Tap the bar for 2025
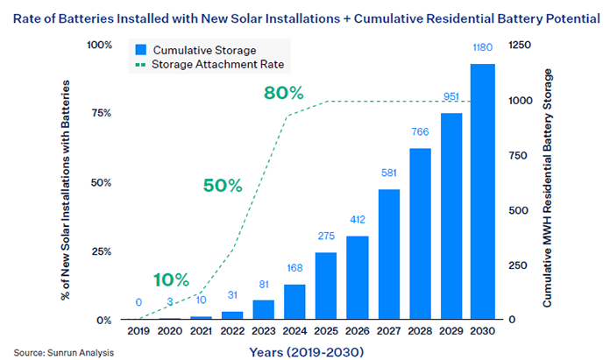click(326, 286)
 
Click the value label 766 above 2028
click(421, 133)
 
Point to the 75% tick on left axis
click(101, 113)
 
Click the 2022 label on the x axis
click(232, 334)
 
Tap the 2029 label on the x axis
click(452, 334)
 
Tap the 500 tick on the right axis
click(518, 210)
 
